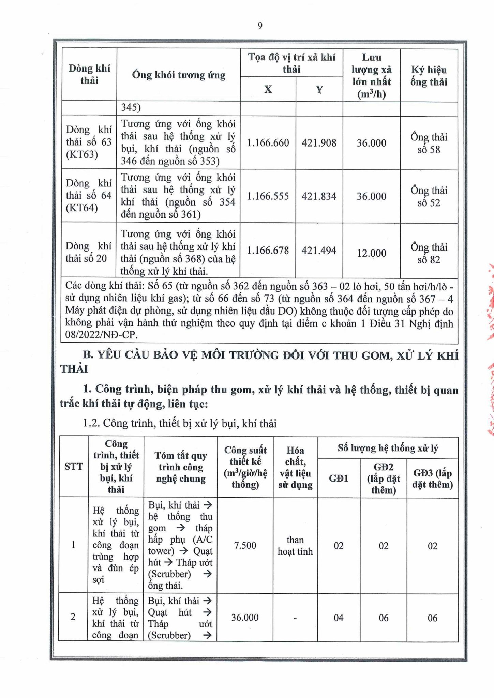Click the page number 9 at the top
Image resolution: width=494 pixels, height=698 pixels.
(260, 26)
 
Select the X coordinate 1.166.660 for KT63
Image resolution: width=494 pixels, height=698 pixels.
(268, 143)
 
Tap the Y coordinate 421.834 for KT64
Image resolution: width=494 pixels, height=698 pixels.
(319, 196)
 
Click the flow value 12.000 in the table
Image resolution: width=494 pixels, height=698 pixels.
(371, 253)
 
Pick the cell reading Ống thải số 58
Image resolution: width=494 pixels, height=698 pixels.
(429, 143)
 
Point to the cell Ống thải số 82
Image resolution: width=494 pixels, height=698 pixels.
(429, 254)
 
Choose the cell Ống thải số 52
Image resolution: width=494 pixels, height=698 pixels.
(429, 197)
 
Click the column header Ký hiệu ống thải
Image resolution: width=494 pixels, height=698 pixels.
(429, 76)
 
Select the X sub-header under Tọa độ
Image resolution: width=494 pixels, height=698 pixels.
(268, 89)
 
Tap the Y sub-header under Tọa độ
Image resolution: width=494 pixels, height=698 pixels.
(319, 89)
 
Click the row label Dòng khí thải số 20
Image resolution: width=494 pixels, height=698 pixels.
(88, 252)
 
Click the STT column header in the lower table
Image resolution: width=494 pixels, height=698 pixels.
(74, 466)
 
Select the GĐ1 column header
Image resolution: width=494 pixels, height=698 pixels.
(339, 478)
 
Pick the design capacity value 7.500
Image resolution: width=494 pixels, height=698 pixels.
(245, 545)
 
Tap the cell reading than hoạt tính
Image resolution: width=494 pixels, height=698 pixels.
(295, 545)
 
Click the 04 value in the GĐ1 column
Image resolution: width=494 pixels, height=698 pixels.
(339, 618)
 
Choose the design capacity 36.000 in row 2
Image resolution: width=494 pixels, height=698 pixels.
(245, 617)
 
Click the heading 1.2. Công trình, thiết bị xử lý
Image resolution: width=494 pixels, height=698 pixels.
(180, 424)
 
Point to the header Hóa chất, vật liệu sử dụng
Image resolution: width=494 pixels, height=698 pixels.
(295, 467)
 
